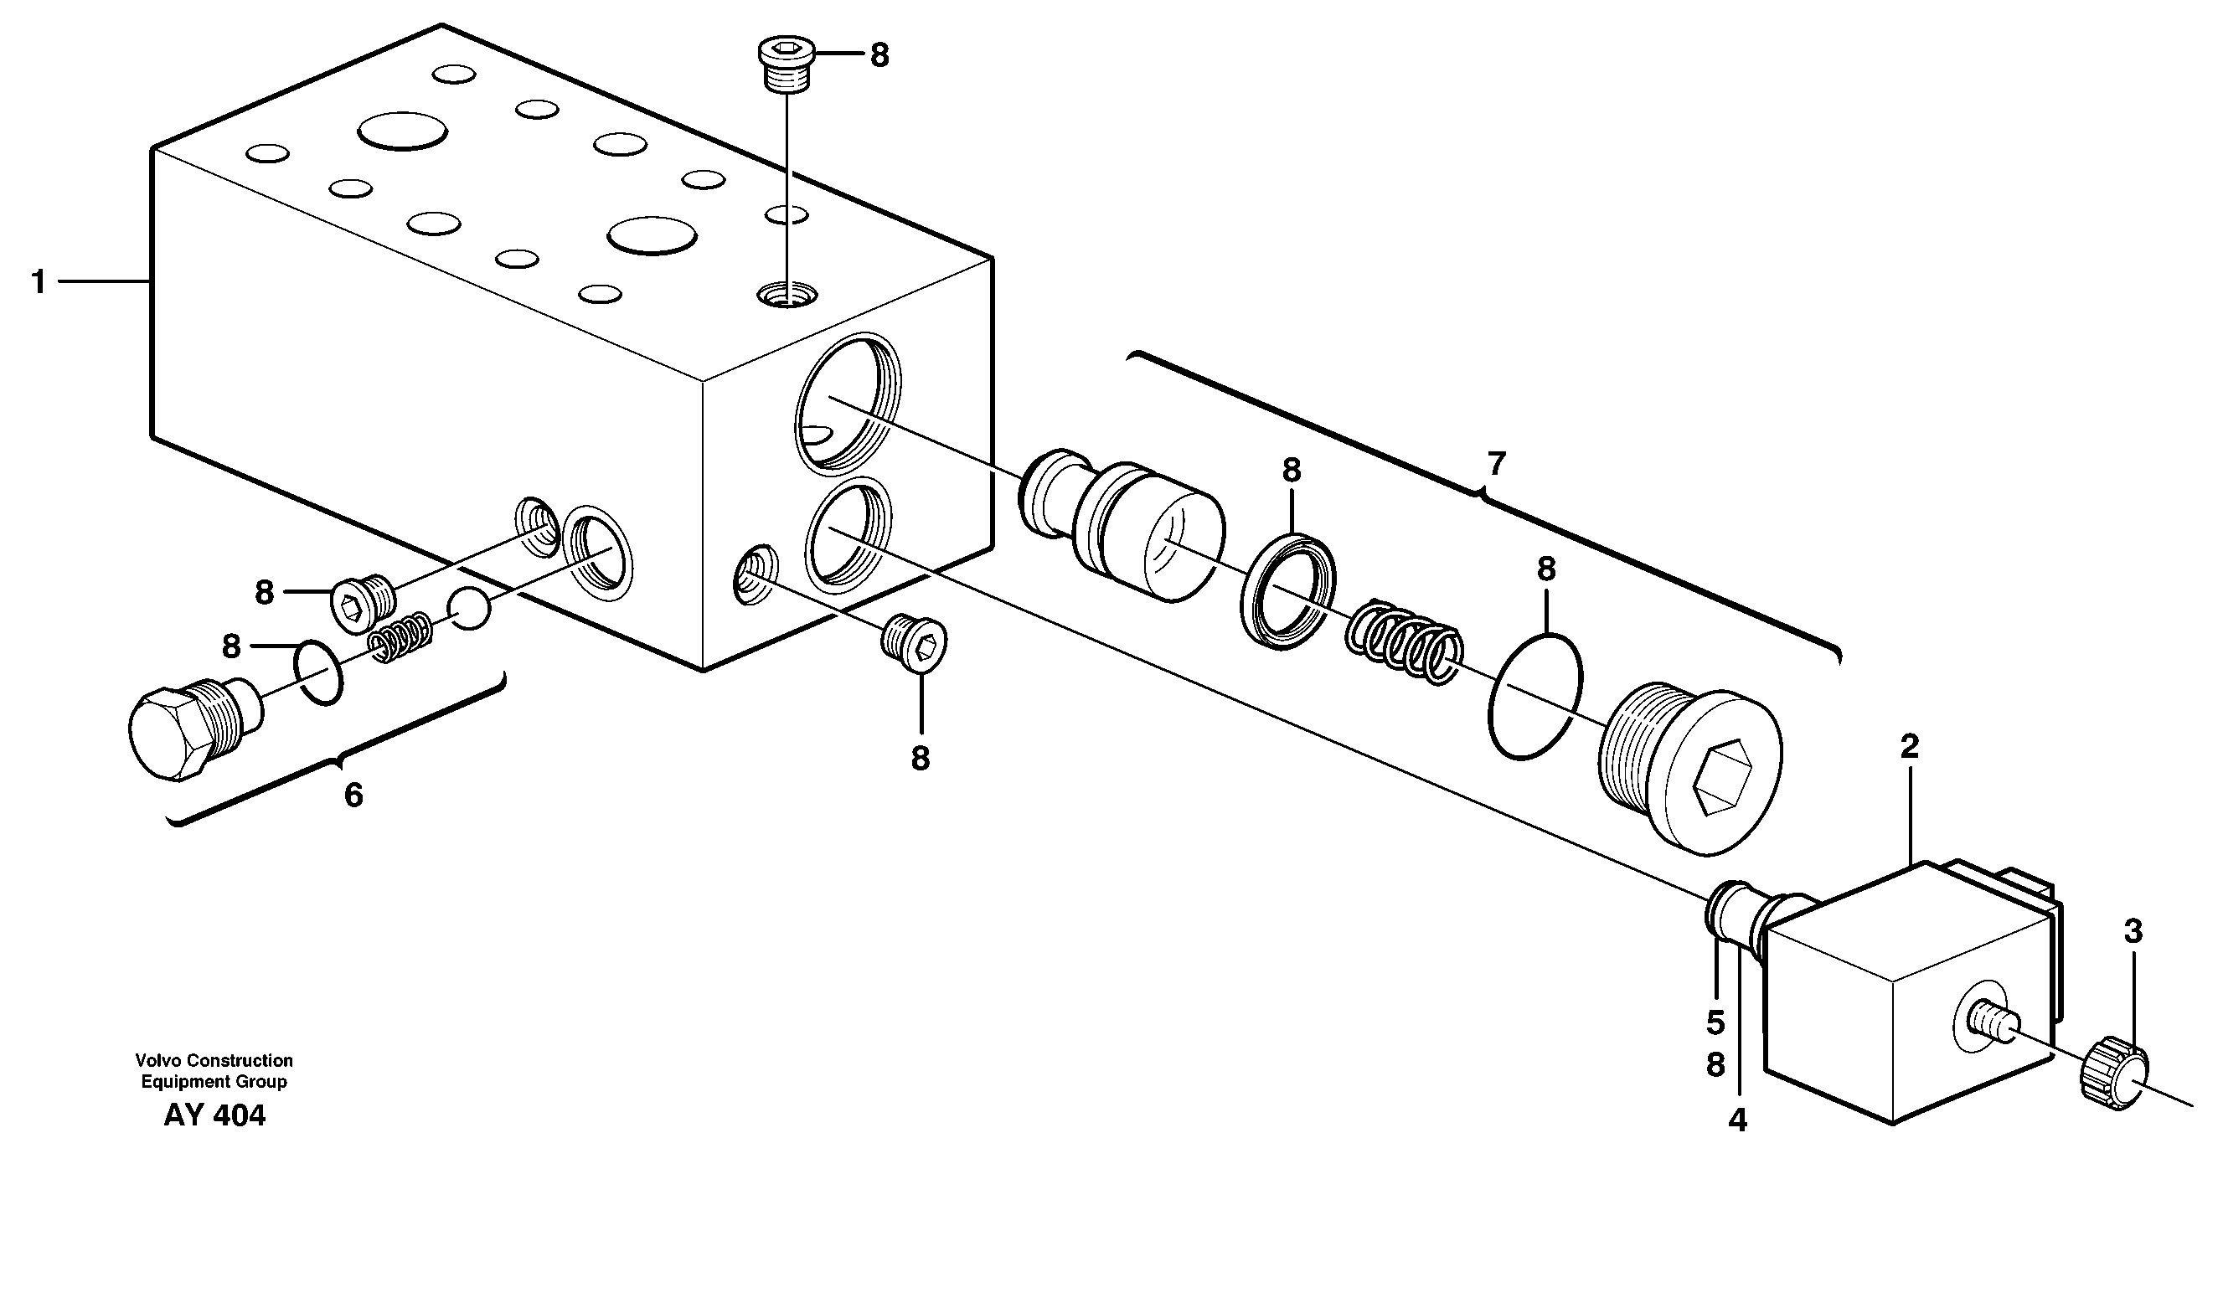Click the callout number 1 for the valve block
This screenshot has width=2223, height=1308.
tap(37, 282)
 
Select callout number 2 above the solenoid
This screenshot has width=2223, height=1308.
tap(1909, 747)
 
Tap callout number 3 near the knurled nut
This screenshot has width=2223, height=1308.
tap(2133, 930)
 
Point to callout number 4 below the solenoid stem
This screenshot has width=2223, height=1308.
tap(1737, 1120)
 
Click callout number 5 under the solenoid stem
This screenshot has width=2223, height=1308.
tap(1715, 1023)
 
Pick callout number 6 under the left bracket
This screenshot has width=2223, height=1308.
tap(353, 796)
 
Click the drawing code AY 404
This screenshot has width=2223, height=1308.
tap(214, 1115)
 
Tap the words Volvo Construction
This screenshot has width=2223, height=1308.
tap(214, 1060)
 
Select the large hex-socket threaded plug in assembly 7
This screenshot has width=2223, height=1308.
tap(1689, 767)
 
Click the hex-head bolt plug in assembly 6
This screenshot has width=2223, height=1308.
tap(189, 732)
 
